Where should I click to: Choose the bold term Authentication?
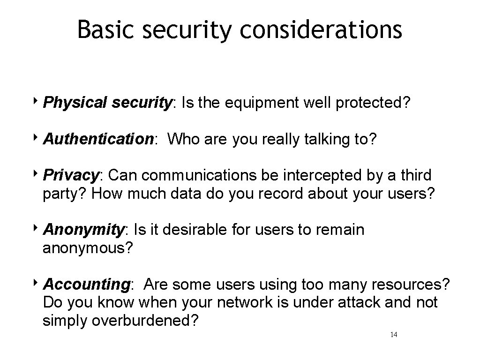[x=97, y=139]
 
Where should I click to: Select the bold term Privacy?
[x=71, y=175]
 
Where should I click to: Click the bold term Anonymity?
[x=83, y=230]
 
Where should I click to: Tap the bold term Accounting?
[x=86, y=285]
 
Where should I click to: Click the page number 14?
[x=394, y=335]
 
